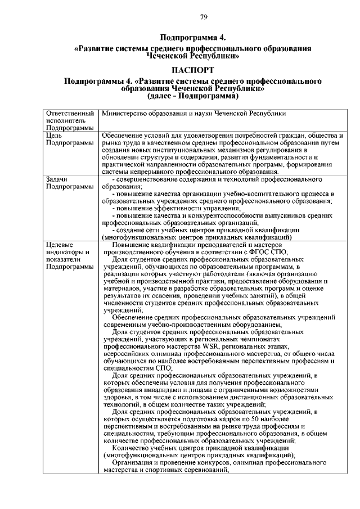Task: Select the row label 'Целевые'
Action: tap(58, 244)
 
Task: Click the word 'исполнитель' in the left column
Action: tap(64, 120)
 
